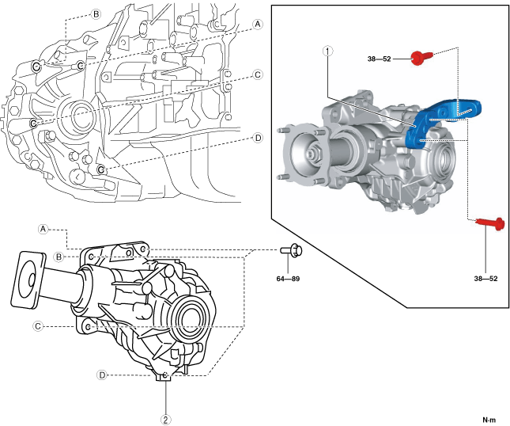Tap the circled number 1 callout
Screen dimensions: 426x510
[327, 51]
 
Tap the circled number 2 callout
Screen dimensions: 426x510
[165, 419]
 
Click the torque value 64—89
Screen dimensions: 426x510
[287, 278]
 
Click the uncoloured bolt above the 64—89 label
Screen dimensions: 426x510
[289, 252]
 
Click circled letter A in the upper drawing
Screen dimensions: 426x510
[258, 25]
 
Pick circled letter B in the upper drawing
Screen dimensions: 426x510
[96, 14]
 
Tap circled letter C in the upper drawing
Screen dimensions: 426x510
[258, 75]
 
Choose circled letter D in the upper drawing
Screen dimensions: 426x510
[258, 137]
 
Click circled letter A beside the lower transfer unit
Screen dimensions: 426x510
[43, 228]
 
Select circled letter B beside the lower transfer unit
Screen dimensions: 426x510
[59, 257]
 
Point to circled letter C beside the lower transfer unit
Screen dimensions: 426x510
[36, 325]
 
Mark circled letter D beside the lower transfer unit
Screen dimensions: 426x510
[101, 374]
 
